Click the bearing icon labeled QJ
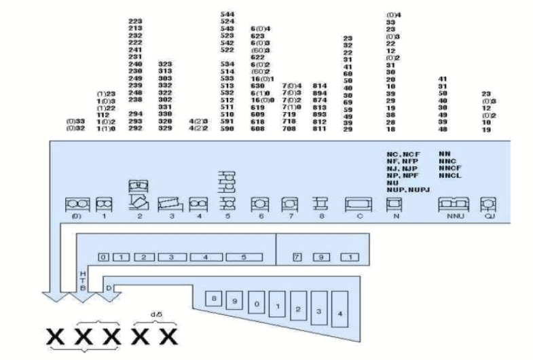pos(486,204)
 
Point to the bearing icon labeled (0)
pos(77,204)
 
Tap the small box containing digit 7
pos(297,257)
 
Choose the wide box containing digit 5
pos(243,257)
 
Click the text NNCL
pos(449,175)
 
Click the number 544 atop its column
pos(228,14)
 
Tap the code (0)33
pos(75,121)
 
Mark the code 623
pos(257,35)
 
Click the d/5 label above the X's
pos(155,314)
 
